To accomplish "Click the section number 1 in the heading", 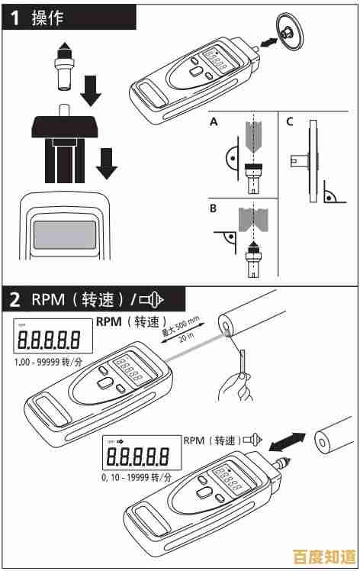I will point(14,18).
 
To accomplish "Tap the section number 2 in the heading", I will point(14,298).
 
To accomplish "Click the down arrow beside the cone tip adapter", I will point(92,90).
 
